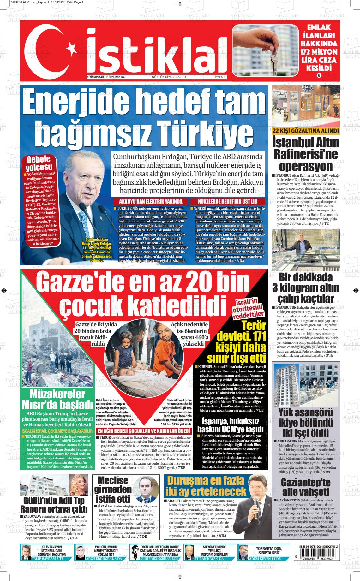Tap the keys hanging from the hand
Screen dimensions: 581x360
[x=273, y=60]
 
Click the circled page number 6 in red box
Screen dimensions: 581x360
[x=319, y=75]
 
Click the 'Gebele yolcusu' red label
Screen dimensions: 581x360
[x=39, y=163]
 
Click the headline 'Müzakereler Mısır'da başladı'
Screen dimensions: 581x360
[x=57, y=399]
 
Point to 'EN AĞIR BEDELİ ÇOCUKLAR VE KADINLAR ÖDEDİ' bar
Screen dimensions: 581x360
[x=144, y=431]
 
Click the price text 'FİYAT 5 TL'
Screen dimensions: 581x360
[x=220, y=77]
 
